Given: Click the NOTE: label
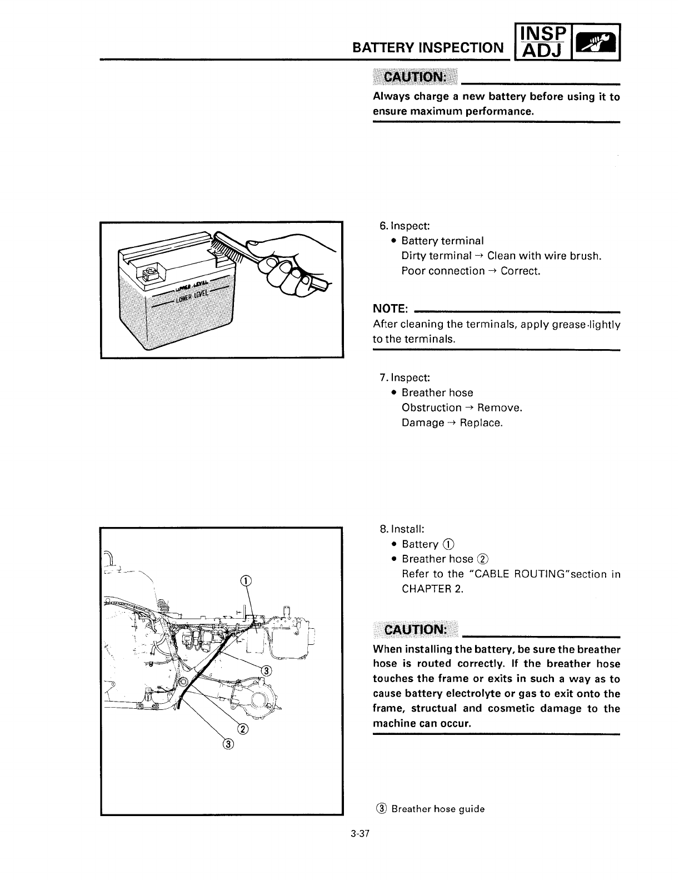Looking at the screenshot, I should (391, 309).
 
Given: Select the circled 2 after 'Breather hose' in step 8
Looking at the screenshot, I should (483, 559).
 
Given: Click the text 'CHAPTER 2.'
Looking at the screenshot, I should (432, 589).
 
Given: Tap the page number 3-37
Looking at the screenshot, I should (361, 834).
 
